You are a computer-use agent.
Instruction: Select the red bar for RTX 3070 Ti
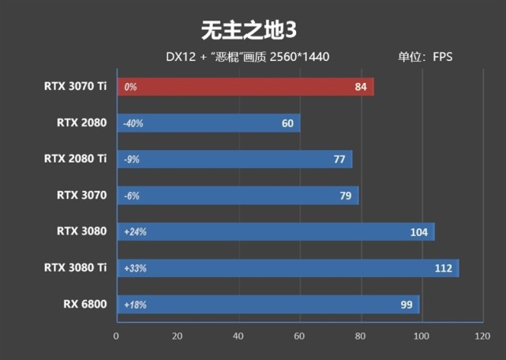245,87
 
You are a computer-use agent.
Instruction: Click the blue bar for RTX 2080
208,123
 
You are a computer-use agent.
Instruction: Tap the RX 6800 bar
268,304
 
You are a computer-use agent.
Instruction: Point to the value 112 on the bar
443,268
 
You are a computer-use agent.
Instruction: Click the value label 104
418,232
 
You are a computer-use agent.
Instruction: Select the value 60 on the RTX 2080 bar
287,123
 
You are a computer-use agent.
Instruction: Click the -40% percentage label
133,123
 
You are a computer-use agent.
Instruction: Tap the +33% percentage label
135,268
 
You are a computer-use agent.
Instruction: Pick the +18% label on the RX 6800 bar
135,304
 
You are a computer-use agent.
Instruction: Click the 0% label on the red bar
130,87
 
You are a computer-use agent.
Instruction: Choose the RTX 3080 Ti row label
76,268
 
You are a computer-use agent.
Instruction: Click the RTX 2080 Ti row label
76,159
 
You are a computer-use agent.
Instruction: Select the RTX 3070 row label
82,195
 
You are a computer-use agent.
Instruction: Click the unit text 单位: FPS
425,57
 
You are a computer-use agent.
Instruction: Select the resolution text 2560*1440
299,57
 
